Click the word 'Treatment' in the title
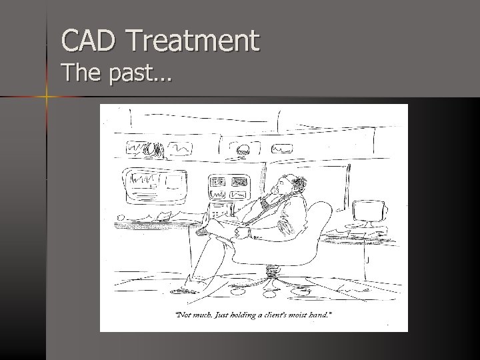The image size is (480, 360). pos(193,41)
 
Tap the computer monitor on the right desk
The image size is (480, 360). pos(369,212)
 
